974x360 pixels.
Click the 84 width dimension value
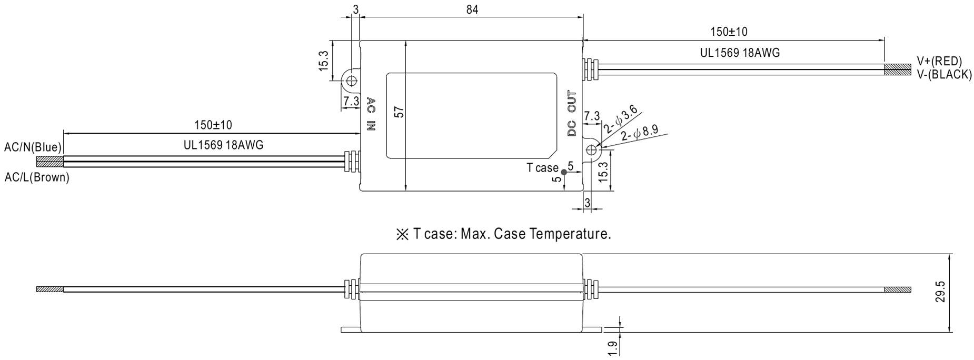472,9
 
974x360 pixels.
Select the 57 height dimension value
399,112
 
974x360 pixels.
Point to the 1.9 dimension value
612,349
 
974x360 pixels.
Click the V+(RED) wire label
939,61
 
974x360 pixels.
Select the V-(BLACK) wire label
944,75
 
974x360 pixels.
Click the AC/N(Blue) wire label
33,147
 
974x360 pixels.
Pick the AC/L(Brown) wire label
37,177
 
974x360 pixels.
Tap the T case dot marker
564,172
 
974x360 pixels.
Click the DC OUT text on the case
572,114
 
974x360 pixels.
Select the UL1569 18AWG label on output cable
740,53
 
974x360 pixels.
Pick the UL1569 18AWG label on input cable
223,145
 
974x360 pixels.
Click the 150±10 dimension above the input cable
213,125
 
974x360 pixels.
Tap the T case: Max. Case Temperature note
503,234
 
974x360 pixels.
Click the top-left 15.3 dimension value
323,61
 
